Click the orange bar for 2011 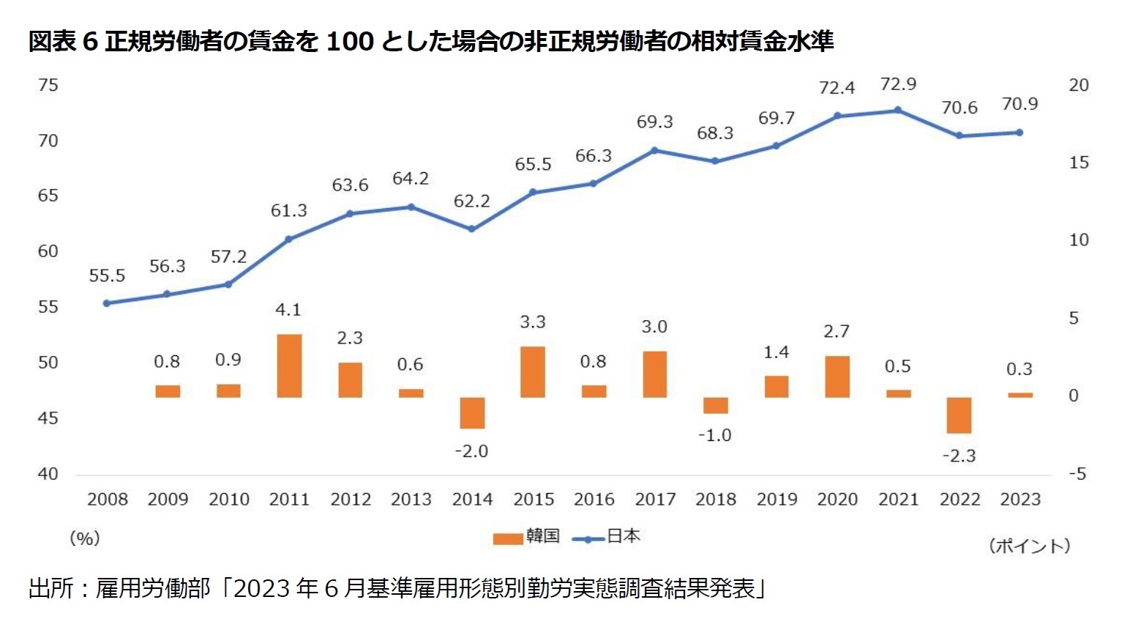[x=289, y=366]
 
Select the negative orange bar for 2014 [x=472, y=413]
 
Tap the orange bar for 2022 [x=959, y=415]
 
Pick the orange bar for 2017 [x=654, y=374]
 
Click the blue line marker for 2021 [x=898, y=111]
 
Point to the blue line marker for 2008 [x=107, y=303]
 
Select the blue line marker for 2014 [x=471, y=229]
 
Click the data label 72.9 [x=898, y=84]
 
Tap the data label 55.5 [x=107, y=276]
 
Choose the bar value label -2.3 [x=959, y=456]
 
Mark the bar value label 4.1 [x=288, y=310]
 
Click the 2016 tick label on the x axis [x=594, y=500]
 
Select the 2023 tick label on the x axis [x=1020, y=500]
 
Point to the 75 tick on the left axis [x=48, y=86]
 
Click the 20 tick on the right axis [x=1078, y=86]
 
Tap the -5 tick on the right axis [x=1077, y=474]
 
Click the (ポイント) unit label [x=1029, y=546]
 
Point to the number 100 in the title [x=350, y=41]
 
